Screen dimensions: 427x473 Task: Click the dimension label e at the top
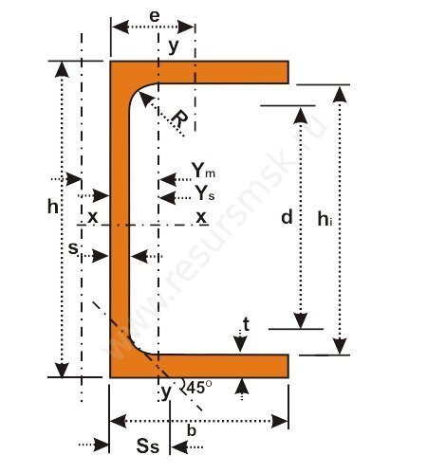(155, 16)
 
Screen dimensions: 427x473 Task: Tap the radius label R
(179, 119)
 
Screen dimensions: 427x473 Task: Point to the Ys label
(205, 192)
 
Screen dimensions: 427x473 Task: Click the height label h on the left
(53, 207)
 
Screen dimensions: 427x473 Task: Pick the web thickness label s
(73, 248)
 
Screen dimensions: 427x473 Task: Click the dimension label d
(287, 217)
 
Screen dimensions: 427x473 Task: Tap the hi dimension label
(325, 219)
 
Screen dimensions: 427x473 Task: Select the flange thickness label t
(246, 324)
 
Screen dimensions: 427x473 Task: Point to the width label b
(192, 430)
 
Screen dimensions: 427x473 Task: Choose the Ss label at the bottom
(148, 446)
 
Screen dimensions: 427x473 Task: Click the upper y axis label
(174, 46)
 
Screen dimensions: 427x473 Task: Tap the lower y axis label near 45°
(166, 392)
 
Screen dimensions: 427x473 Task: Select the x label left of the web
(93, 217)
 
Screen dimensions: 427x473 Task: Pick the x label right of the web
(201, 217)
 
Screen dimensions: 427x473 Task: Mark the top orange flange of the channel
(199, 72)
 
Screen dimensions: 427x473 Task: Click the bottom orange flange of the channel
(199, 366)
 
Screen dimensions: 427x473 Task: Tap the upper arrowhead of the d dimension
(301, 116)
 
